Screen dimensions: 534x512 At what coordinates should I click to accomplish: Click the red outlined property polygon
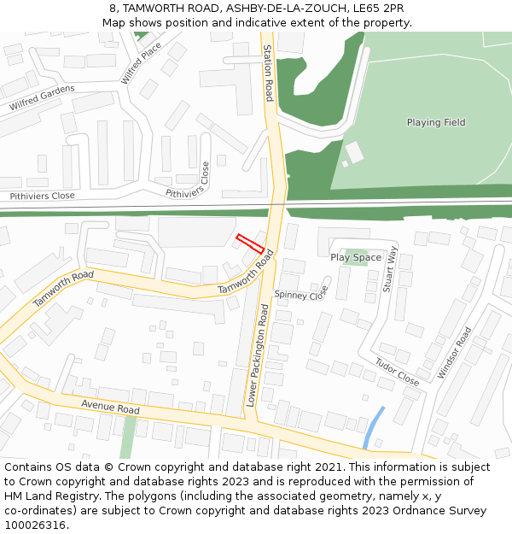[x=249, y=243]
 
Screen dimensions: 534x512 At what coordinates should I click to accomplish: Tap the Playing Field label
[x=436, y=122]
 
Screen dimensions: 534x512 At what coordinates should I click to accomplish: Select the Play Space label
[x=356, y=257]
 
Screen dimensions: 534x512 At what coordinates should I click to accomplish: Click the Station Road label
[x=268, y=73]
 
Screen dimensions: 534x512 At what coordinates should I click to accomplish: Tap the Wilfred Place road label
[x=141, y=63]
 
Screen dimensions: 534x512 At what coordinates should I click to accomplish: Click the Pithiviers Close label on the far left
[x=42, y=196]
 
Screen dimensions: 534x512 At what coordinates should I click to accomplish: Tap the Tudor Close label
[x=397, y=372]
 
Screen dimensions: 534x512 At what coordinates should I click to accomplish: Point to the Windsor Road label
[x=453, y=353]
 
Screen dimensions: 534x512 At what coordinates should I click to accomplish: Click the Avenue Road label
[x=110, y=406]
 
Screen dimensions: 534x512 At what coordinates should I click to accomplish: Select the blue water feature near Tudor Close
[x=374, y=426]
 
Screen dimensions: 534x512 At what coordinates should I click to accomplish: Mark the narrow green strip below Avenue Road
[x=128, y=437]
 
